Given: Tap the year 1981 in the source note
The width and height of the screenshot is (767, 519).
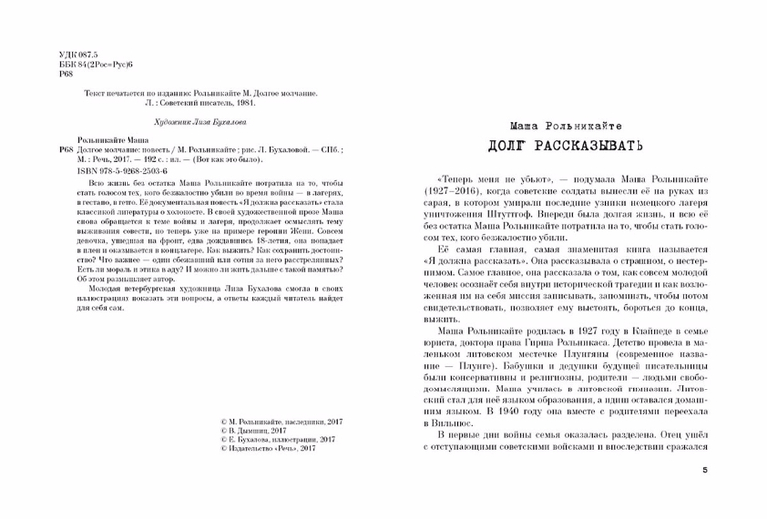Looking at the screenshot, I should pos(238,101).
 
